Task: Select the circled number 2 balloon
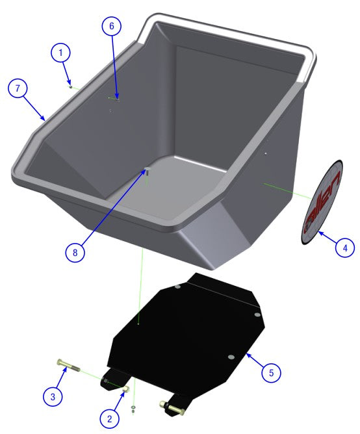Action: pos(110,416)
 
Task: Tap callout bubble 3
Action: pos(54,394)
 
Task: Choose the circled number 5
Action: pos(272,372)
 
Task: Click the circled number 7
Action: pos(18,88)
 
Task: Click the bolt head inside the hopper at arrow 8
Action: pos(147,172)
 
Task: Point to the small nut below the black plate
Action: pos(133,409)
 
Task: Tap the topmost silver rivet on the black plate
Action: pos(177,286)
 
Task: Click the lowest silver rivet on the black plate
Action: pos(231,357)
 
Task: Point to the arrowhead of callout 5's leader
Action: pos(247,355)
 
